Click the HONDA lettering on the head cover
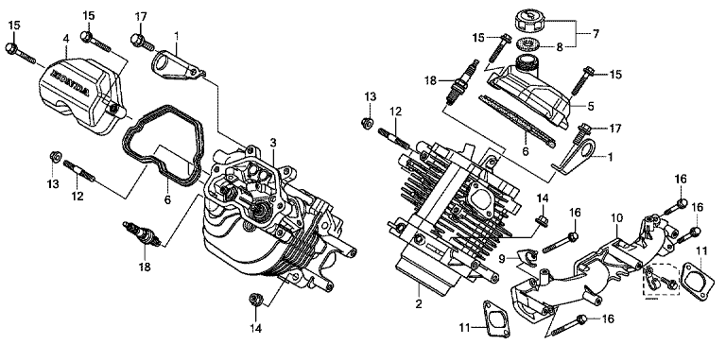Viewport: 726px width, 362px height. (69, 83)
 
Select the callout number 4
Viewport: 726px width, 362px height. (66, 39)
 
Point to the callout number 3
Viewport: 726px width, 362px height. (273, 142)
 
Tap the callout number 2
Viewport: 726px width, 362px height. (419, 304)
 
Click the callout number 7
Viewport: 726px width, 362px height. (596, 34)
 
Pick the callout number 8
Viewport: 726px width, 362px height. (560, 46)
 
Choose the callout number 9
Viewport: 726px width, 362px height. (502, 259)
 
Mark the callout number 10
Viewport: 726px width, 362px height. (616, 217)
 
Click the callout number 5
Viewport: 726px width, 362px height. (590, 106)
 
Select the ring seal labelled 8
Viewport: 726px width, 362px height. (529, 45)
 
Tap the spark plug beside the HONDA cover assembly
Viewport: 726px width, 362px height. (142, 233)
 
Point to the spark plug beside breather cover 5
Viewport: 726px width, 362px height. (461, 82)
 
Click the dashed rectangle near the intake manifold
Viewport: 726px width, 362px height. (661, 266)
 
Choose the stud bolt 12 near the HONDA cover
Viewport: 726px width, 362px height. (78, 171)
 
